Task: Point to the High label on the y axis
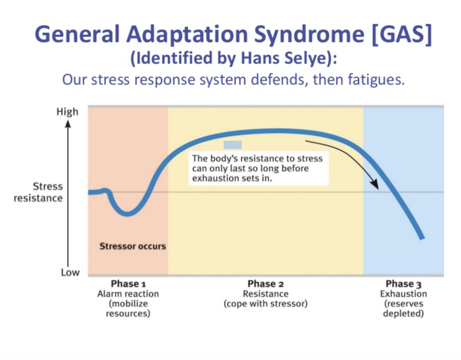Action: pos(67,112)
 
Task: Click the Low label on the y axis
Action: pos(70,272)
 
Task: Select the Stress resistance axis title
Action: pos(40,192)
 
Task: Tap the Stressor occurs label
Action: pos(132,246)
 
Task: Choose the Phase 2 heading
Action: pos(265,284)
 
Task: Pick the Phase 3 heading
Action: pos(403,284)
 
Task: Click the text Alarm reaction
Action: pos(128,294)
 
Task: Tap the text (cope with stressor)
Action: pos(265,304)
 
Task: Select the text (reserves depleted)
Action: pos(403,309)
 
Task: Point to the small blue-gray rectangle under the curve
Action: pos(232,145)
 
